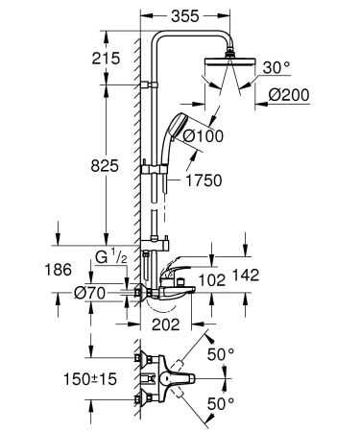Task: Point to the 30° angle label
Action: [276, 68]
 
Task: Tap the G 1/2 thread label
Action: [110, 257]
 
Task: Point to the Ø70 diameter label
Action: [93, 295]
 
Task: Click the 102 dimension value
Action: [210, 281]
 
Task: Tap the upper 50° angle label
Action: [224, 354]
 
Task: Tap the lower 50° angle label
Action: [224, 403]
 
